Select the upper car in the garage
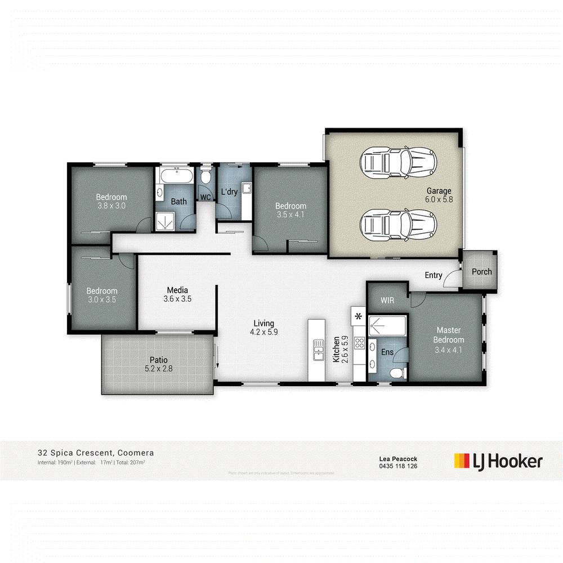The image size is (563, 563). (398, 163)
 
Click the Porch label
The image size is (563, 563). (481, 271)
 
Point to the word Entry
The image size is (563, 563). (434, 275)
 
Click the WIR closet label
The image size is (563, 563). (387, 301)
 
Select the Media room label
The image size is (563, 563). (177, 294)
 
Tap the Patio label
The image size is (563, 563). (158, 364)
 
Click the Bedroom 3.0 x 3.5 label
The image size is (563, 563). (101, 295)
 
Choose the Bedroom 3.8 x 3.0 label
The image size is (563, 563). (111, 202)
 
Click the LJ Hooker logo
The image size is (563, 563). (498, 461)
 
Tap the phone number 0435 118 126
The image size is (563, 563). (398, 466)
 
